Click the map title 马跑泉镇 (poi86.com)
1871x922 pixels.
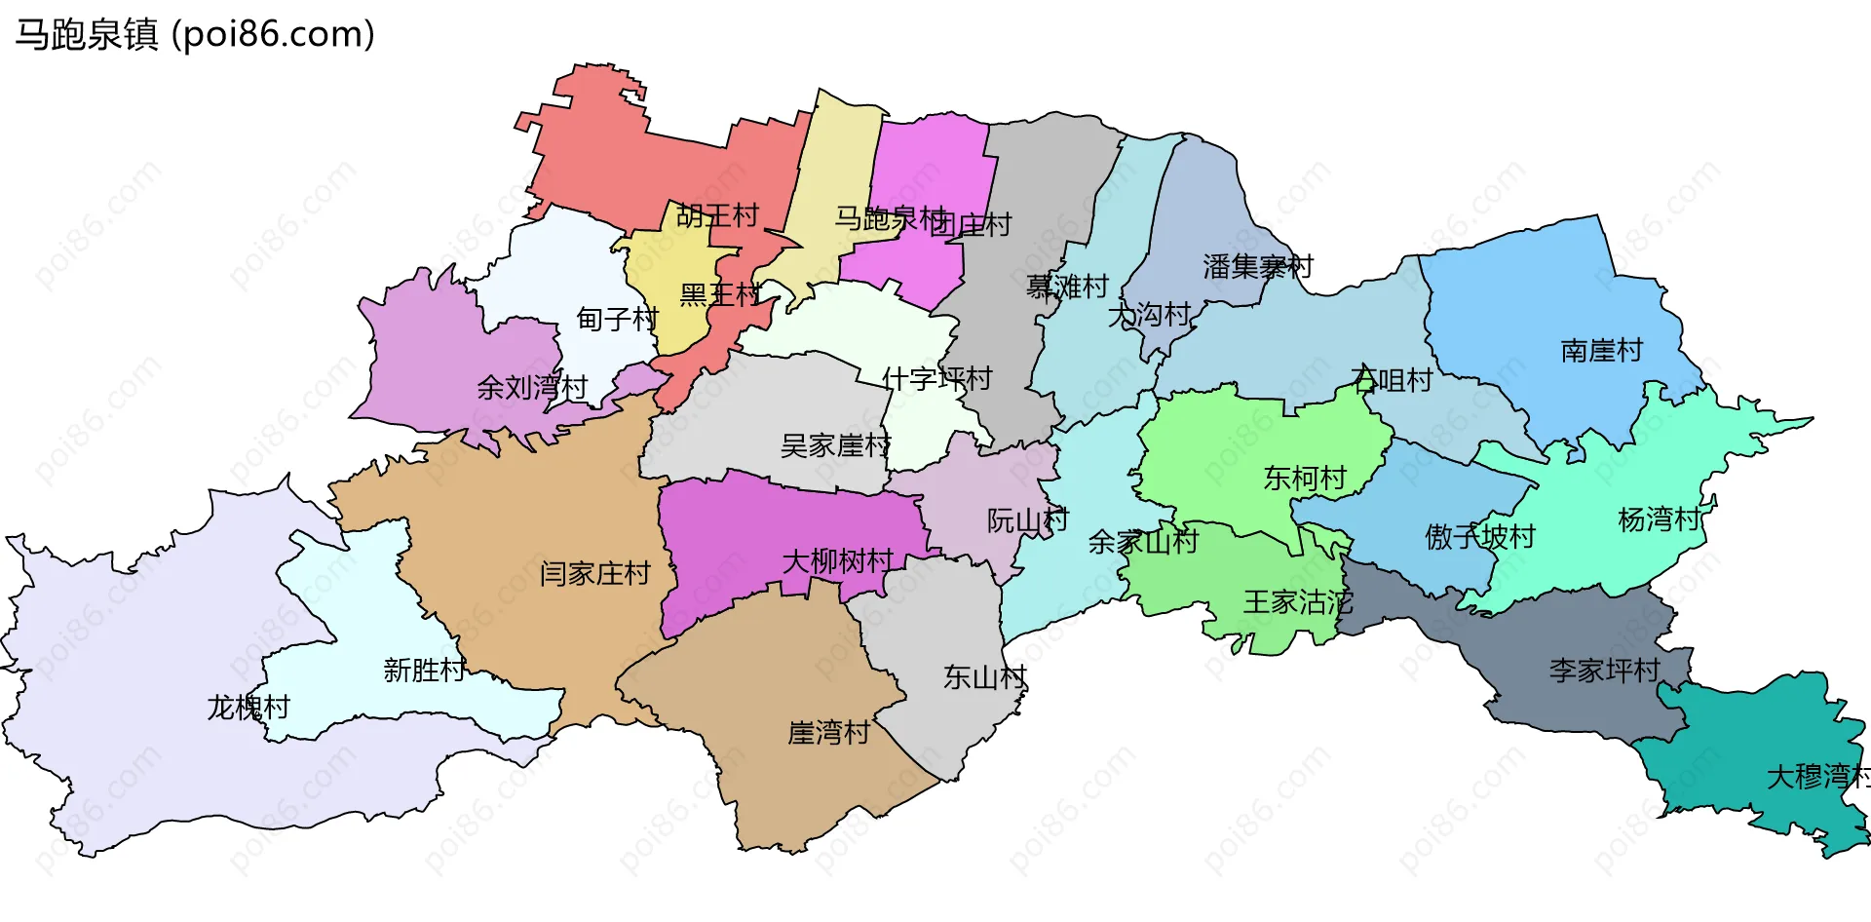[x=195, y=35]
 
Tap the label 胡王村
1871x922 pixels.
[x=717, y=215]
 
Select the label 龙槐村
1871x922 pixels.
[x=248, y=707]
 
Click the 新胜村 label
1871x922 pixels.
[x=425, y=671]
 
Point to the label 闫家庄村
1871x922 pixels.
[x=594, y=573]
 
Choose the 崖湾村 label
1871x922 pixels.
[x=828, y=732]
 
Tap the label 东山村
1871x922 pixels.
[x=985, y=677]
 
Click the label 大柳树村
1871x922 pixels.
[x=838, y=561]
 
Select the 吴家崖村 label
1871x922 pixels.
[x=835, y=445]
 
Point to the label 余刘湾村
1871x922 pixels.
[x=532, y=388]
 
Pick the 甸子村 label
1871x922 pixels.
[x=617, y=319]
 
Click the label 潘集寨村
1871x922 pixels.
[x=1258, y=266]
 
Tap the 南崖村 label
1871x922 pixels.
[x=1601, y=350]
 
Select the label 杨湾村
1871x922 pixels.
[x=1659, y=519]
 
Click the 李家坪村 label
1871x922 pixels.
[x=1605, y=671]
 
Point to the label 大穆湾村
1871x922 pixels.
[x=1818, y=777]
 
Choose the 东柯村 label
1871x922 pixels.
[x=1305, y=478]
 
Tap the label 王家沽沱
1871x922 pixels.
[x=1298, y=602]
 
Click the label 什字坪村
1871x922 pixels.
[x=936, y=378]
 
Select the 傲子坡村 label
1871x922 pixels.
[x=1479, y=536]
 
